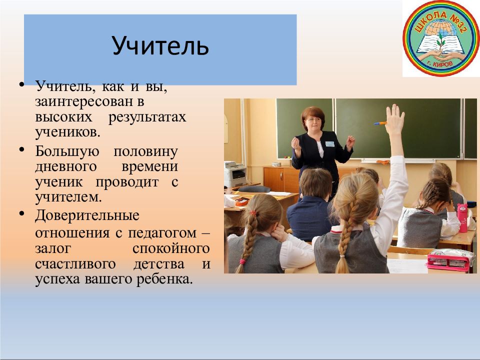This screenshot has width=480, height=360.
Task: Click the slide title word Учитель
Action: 160,45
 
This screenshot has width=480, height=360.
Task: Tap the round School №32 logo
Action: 441,38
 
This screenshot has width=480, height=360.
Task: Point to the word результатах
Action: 147,117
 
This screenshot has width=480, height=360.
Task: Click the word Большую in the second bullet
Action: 67,152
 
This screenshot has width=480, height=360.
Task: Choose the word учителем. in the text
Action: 68,197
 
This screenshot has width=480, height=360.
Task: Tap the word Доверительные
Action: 87,216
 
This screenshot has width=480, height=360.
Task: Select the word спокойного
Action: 171,249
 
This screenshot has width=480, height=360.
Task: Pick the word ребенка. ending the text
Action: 164,279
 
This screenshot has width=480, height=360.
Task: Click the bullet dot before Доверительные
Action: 21,213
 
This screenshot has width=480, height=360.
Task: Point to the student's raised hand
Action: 395,120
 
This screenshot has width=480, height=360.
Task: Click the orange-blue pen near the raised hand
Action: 380,123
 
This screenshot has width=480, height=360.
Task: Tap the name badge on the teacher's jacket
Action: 329,144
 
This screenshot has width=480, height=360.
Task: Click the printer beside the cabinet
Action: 235,174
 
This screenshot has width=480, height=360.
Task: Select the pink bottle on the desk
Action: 462,218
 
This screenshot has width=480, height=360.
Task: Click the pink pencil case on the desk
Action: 450,260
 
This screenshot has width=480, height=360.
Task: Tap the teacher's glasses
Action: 313,119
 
